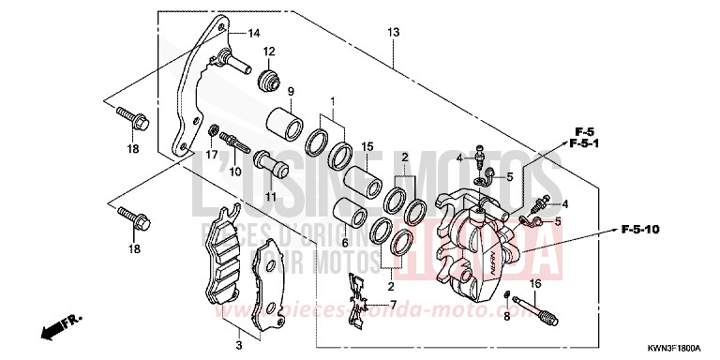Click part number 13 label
(x=394, y=33)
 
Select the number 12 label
(x=268, y=52)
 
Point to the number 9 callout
(x=292, y=92)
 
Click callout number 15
(x=368, y=146)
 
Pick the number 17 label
(x=212, y=154)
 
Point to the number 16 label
(x=536, y=283)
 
